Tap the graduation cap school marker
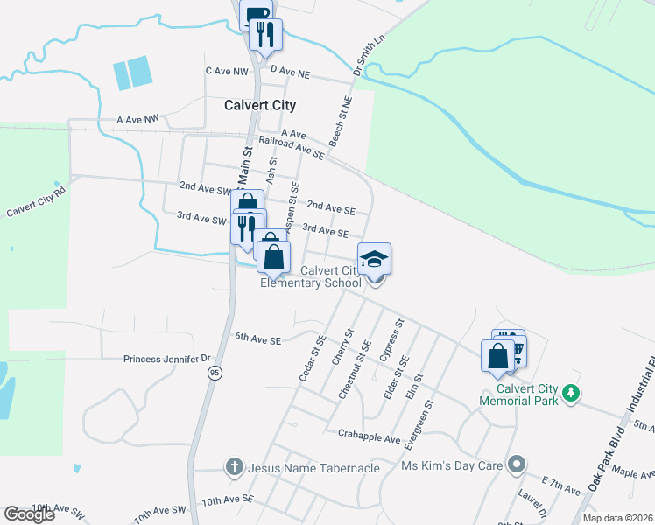pyautogui.click(x=374, y=260)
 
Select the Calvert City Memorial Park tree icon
pyautogui.click(x=572, y=393)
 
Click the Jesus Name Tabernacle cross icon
pyautogui.click(x=234, y=467)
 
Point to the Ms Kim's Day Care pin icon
pyautogui.click(x=517, y=465)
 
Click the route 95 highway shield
pyautogui.click(x=215, y=373)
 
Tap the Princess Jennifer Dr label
pyautogui.click(x=168, y=359)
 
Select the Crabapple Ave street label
pyautogui.click(x=369, y=434)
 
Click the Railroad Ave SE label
pyautogui.click(x=292, y=147)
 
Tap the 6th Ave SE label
pyautogui.click(x=257, y=338)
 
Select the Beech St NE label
pyautogui.click(x=340, y=122)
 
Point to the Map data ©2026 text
pyautogui.click(x=617, y=518)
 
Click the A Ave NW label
pyautogui.click(x=138, y=118)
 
